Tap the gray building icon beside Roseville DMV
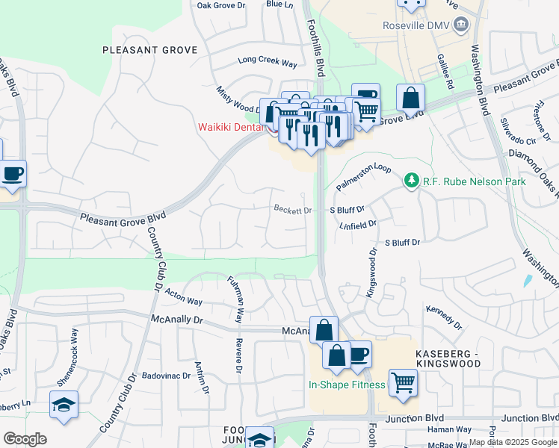[461, 24]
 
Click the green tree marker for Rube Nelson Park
[410, 181]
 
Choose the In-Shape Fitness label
[347, 385]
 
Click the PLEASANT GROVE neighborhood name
[150, 50]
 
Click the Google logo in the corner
[25, 439]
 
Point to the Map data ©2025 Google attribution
[513, 442]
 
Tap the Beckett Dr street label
[292, 210]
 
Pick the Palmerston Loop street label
[363, 177]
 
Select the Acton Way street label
[184, 296]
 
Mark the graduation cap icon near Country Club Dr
[64, 405]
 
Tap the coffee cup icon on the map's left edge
[12, 174]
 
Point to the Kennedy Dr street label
[445, 317]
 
